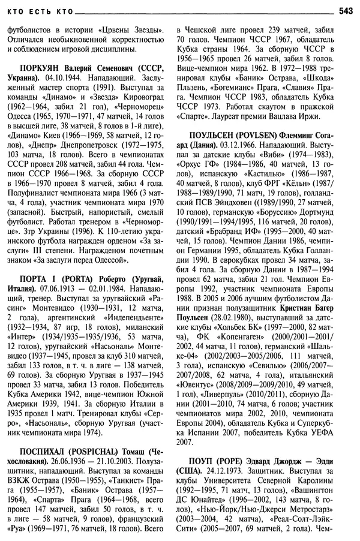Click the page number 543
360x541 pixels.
click(346, 10)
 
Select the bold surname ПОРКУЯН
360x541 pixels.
click(43, 70)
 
